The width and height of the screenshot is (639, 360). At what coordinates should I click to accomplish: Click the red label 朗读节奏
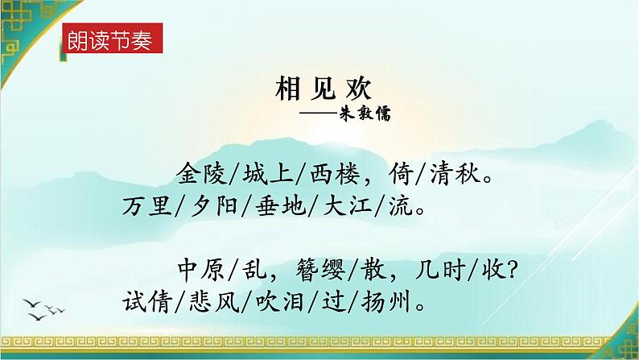click(x=111, y=41)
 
